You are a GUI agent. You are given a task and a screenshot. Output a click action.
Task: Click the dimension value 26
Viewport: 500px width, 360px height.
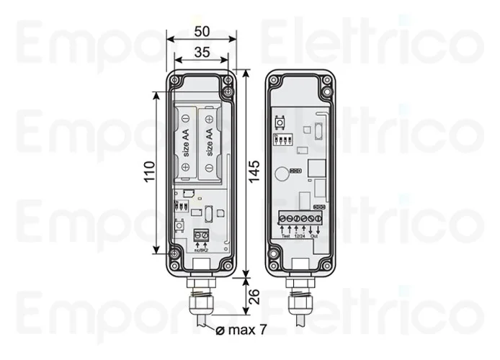pyautogui.click(x=255, y=295)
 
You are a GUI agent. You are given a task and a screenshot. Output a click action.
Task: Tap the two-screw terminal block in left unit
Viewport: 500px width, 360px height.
pyautogui.click(x=201, y=234)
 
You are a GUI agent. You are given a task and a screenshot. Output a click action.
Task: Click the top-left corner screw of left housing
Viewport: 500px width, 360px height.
pyautogui.click(x=175, y=80)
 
